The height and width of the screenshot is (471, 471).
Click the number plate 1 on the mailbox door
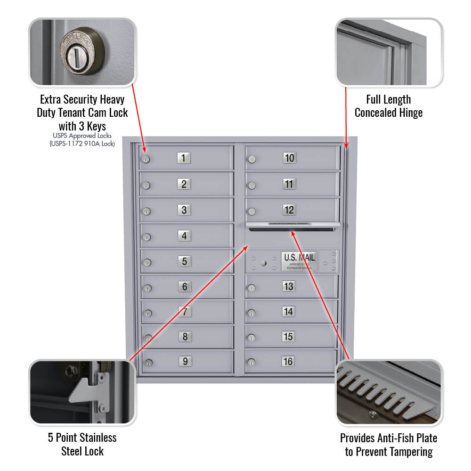[184, 158]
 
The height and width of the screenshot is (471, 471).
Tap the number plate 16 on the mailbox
[288, 361]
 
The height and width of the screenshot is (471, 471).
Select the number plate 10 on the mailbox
[289, 158]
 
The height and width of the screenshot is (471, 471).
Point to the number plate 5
[184, 261]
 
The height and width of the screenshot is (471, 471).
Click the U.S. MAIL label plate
[300, 261]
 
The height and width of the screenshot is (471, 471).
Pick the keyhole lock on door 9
[148, 363]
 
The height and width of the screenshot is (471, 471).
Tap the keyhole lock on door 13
[252, 288]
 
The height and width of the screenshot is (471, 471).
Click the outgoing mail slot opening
[292, 230]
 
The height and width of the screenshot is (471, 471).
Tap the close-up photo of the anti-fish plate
[389, 392]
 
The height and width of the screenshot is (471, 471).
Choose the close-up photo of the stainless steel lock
[82, 392]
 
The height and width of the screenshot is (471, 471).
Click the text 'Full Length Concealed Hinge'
[389, 106]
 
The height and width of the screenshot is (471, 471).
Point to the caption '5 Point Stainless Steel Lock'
[82, 444]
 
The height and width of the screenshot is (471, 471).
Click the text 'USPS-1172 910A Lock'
[82, 144]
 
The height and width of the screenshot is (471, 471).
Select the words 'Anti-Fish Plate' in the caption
[408, 438]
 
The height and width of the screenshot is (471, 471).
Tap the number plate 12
[289, 210]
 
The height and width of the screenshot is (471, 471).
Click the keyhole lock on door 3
[146, 211]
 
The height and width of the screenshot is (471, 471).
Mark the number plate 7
[185, 311]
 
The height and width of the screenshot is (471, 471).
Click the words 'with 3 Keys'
[82, 126]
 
